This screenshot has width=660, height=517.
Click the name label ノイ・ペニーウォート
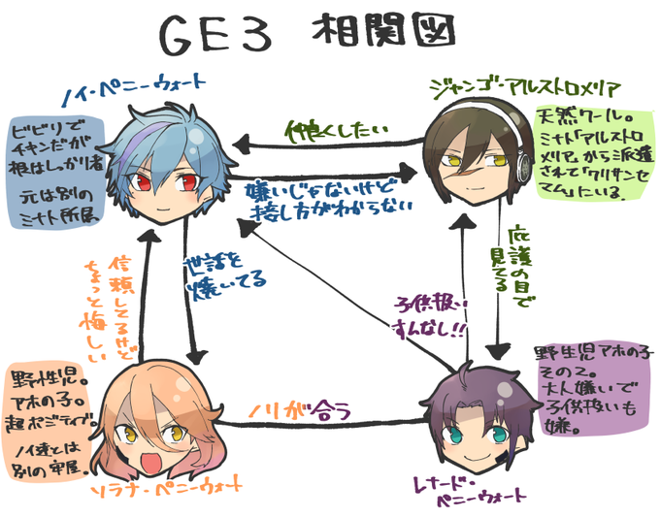tap(113, 93)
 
